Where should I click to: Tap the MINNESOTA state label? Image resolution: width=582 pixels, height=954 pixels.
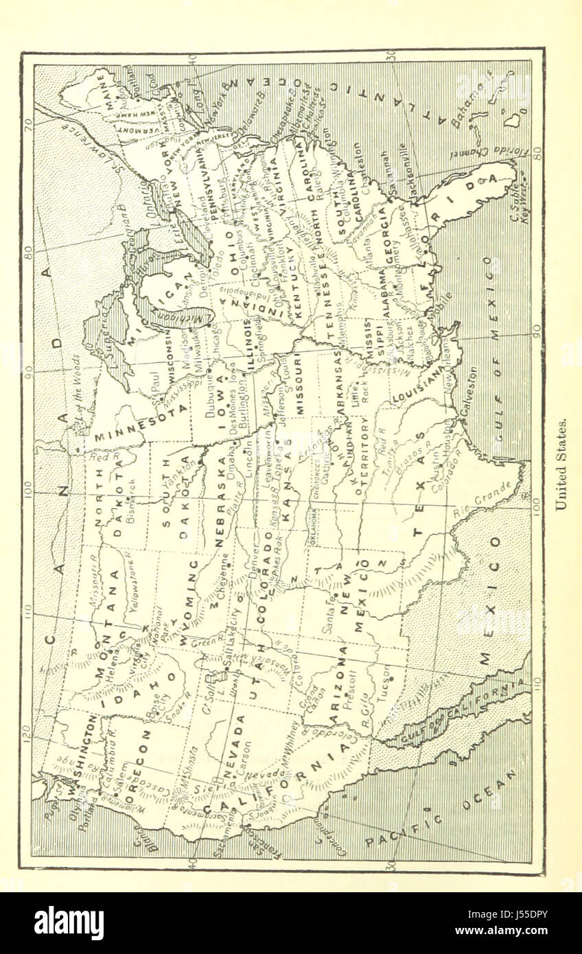pyautogui.click(x=140, y=420)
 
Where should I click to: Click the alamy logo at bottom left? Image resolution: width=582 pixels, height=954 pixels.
pyautogui.click(x=69, y=923)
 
